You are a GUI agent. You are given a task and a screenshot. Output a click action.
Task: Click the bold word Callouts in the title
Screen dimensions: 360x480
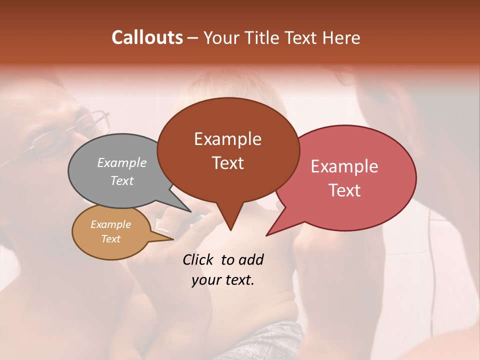click(147, 37)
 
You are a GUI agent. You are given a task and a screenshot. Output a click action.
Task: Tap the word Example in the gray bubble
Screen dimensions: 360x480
click(122, 162)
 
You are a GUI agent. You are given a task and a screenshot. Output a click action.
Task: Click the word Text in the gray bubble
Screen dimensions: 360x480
click(122, 180)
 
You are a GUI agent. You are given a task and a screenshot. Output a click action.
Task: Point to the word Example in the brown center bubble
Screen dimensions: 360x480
click(227, 139)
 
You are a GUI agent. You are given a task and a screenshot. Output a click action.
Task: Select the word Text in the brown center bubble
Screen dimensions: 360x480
click(227, 162)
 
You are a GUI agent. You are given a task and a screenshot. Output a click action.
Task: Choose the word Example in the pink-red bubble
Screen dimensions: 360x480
click(344, 166)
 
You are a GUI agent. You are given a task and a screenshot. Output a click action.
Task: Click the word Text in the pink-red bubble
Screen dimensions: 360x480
click(344, 190)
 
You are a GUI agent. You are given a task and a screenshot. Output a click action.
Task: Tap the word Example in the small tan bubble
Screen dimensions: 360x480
click(110, 224)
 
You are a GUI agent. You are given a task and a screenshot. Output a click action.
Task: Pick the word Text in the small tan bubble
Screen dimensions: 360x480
click(110, 239)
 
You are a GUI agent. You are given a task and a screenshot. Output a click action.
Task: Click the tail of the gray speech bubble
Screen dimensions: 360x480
click(184, 209)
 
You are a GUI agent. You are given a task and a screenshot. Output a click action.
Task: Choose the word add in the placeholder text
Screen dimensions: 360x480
click(251, 259)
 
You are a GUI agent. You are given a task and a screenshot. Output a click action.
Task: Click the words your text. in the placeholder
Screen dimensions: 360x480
click(223, 280)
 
